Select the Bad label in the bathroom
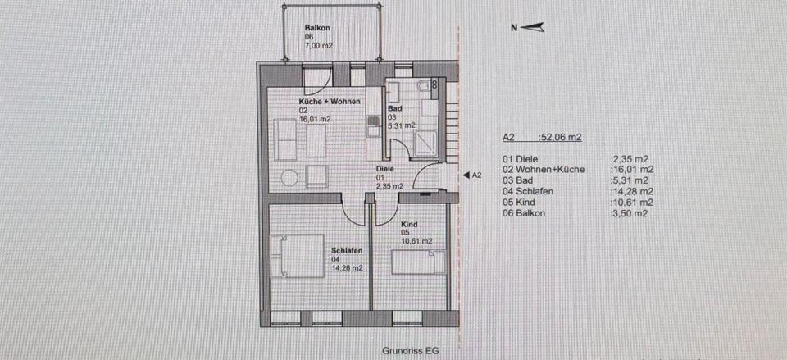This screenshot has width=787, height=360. click(x=393, y=108)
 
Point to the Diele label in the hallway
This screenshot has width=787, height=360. click(x=385, y=168)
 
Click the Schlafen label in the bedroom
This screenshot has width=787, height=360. click(x=347, y=250)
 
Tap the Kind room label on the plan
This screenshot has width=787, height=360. click(x=409, y=224)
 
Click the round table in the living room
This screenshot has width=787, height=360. click(x=289, y=177)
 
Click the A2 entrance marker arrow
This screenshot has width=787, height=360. click(x=466, y=175)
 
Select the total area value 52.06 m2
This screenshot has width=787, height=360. click(x=560, y=138)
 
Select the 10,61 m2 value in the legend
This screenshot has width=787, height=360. click(x=633, y=202)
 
